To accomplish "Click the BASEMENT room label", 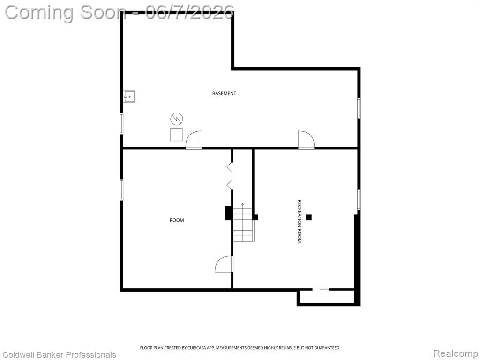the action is point(224,93).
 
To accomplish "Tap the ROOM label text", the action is point(177,220).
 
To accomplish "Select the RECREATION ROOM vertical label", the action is point(300,221).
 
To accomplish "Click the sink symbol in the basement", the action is point(129,97).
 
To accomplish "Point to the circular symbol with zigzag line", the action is point(177,119).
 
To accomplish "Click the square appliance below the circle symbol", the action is point(176,135).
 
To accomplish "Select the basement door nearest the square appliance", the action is point(194,140).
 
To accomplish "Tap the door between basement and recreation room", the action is point(306,140).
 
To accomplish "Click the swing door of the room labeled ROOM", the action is point(224,264).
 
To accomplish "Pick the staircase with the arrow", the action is point(244,222).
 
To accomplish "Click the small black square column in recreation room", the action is point(308,217).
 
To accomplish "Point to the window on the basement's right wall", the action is point(359,108).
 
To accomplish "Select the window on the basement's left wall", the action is point(121,123).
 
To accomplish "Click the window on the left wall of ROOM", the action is point(121,190).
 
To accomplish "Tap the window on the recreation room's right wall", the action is point(359,200).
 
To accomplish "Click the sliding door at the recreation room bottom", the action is point(321,289).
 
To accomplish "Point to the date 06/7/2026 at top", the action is point(190,13).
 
